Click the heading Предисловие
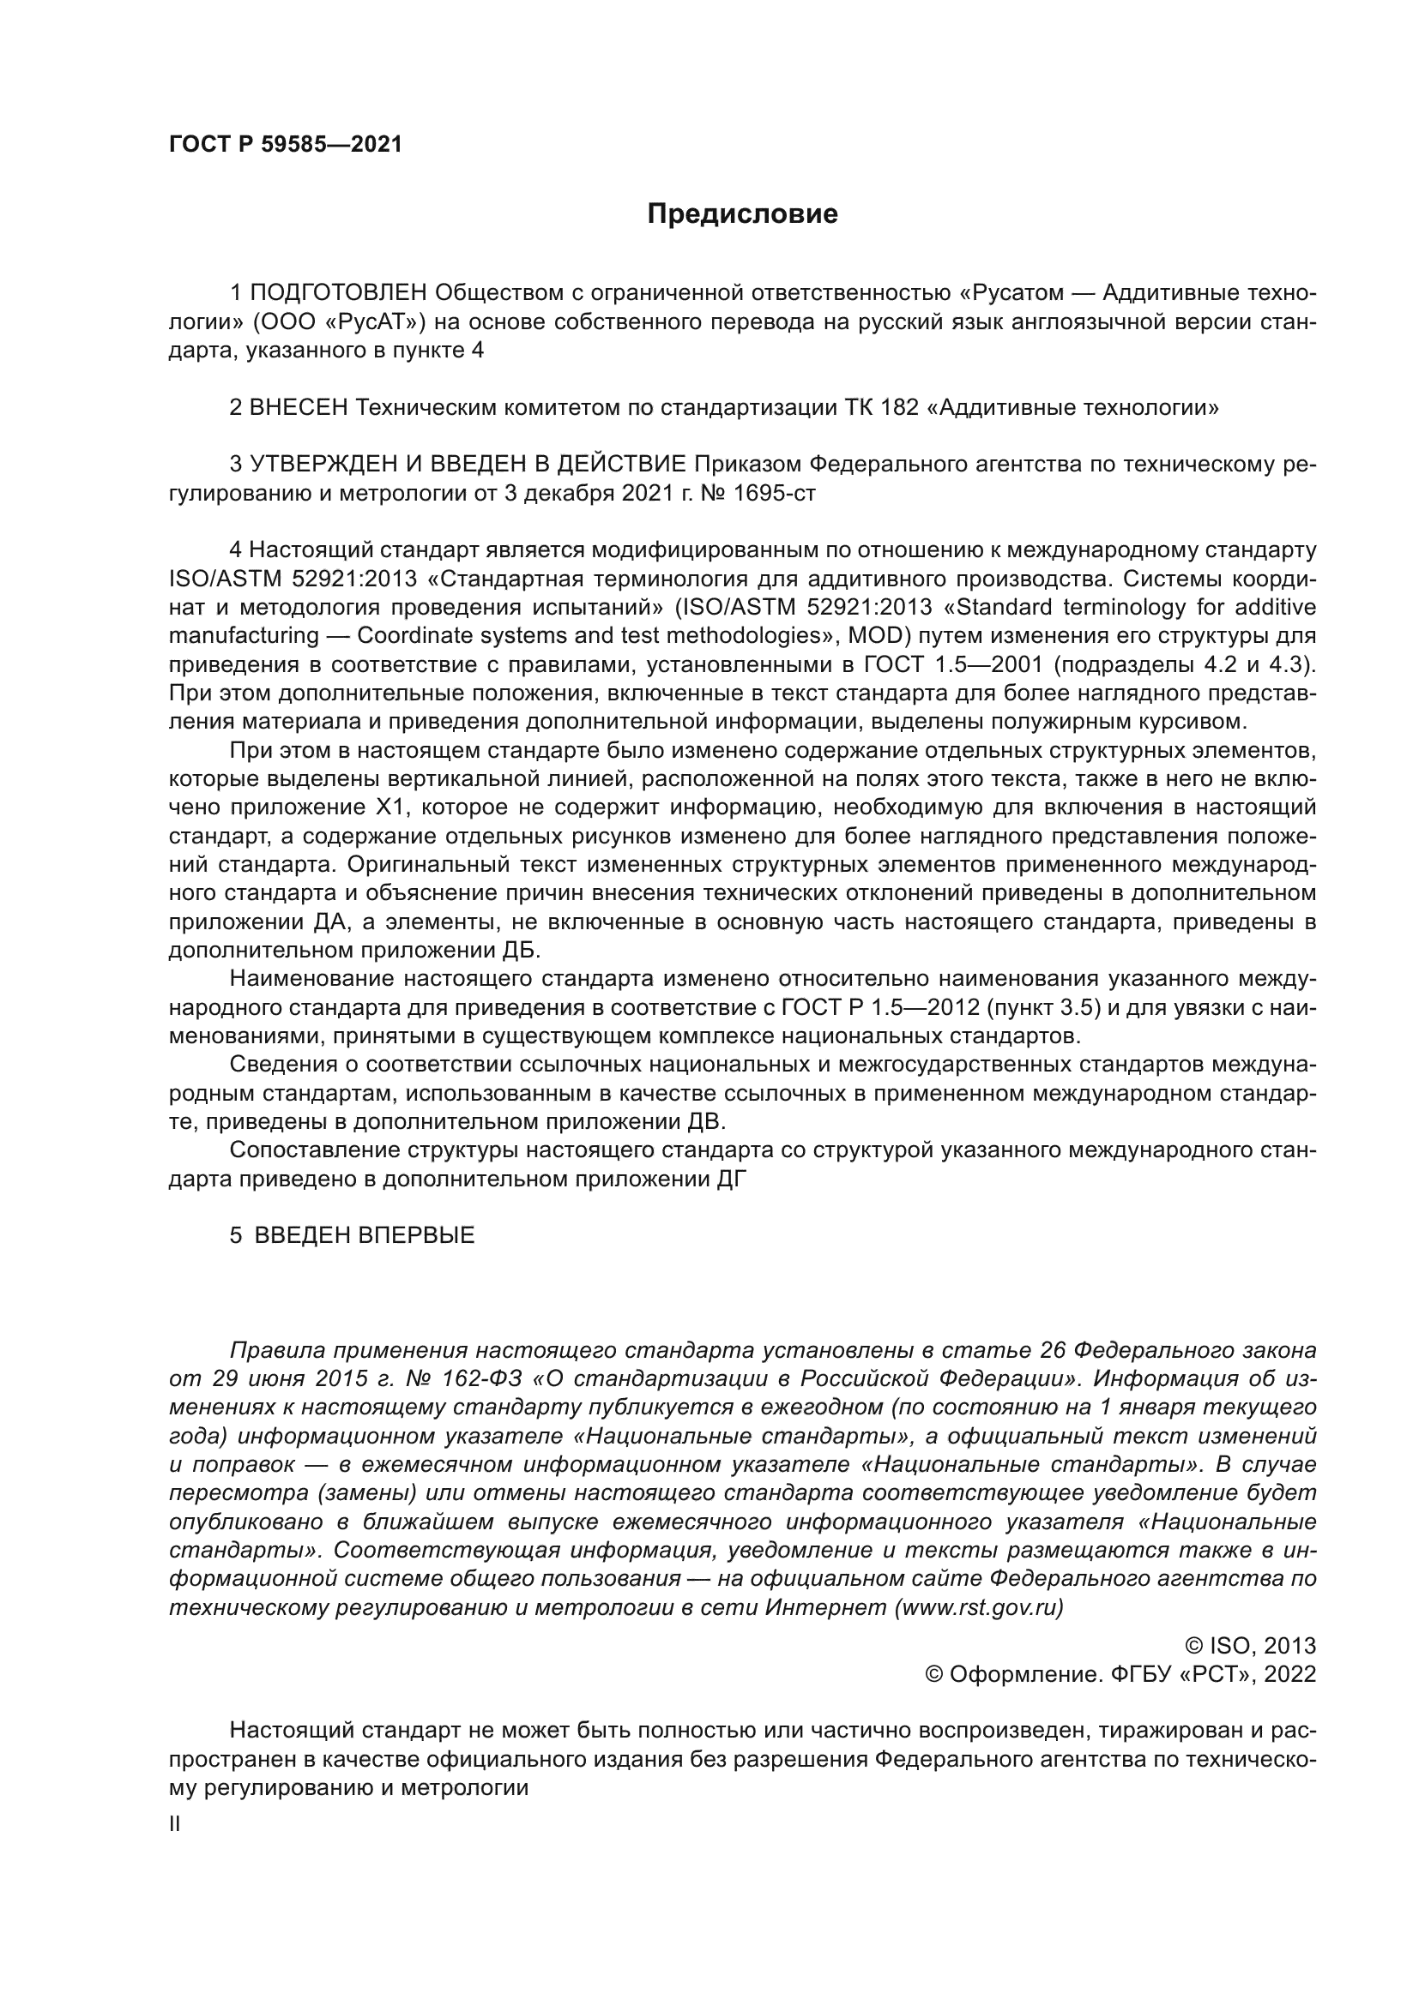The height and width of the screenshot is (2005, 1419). (742, 214)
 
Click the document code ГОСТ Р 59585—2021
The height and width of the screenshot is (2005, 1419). (286, 145)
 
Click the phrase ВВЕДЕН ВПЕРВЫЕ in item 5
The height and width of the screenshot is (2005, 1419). (364, 1236)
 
